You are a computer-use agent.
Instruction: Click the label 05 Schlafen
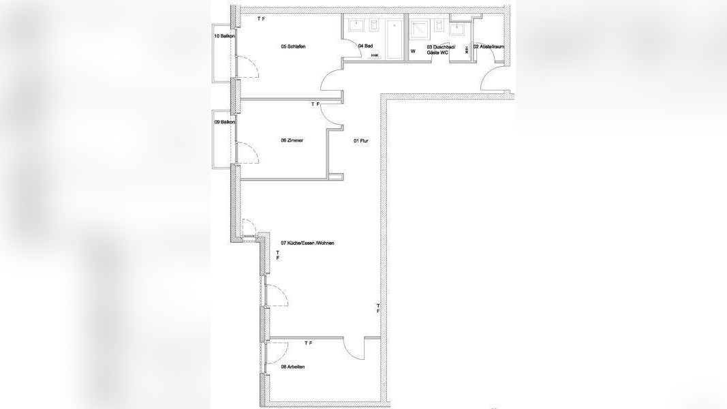tap(293, 46)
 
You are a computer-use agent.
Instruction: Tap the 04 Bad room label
tap(365, 46)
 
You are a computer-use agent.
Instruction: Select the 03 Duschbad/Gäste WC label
tap(437, 50)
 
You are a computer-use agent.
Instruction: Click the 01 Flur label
tap(360, 141)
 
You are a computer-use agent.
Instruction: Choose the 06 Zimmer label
tap(292, 140)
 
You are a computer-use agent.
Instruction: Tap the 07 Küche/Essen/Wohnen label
tap(307, 243)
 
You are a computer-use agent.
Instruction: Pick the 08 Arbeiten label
tap(292, 367)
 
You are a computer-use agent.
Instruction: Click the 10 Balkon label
tap(224, 35)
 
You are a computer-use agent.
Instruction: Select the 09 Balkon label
tap(224, 122)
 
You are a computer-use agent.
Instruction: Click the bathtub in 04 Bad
tap(394, 37)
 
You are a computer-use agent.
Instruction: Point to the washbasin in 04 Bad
tap(356, 25)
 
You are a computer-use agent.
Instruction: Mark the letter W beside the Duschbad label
tap(412, 51)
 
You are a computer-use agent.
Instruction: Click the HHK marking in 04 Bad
tap(375, 55)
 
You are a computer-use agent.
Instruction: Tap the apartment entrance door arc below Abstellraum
tap(493, 78)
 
